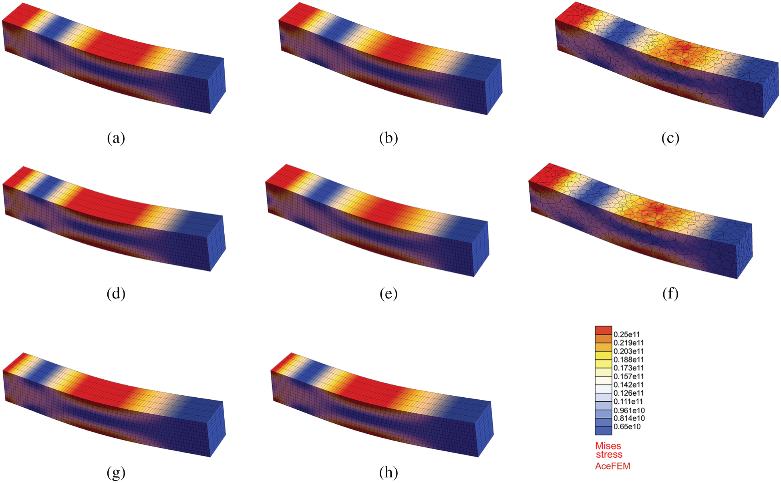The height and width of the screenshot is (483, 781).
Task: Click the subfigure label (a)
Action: pyautogui.click(x=116, y=138)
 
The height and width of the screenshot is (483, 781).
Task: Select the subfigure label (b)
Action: pyautogui.click(x=388, y=138)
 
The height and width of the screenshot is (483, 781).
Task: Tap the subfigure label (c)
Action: pyautogui.click(x=670, y=138)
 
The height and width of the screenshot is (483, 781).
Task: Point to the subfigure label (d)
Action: pyautogui.click(x=116, y=294)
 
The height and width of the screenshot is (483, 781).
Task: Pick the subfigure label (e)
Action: pyautogui.click(x=388, y=294)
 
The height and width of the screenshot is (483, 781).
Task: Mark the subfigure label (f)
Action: pyautogui.click(x=670, y=294)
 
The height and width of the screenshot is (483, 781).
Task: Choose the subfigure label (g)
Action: pyautogui.click(x=116, y=473)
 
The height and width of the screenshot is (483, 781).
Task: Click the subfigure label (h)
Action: pyautogui.click(x=388, y=473)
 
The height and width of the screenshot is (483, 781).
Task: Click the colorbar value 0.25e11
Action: pyautogui.click(x=626, y=334)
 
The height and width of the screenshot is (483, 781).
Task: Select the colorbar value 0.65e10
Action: pyautogui.click(x=627, y=427)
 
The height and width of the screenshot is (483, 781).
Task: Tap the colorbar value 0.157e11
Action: pyautogui.click(x=628, y=376)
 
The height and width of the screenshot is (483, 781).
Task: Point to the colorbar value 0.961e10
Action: pyautogui.click(x=629, y=411)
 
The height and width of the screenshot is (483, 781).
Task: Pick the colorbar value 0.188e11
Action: pyautogui.click(x=628, y=360)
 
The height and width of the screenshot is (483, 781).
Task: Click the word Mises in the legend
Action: pyautogui.click(x=608, y=446)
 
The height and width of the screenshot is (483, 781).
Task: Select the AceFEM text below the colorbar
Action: pyautogui.click(x=612, y=466)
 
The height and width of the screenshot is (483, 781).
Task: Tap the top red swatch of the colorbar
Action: pyautogui.click(x=603, y=330)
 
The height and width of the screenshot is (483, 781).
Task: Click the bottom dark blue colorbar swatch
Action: pyautogui.click(x=603, y=431)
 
